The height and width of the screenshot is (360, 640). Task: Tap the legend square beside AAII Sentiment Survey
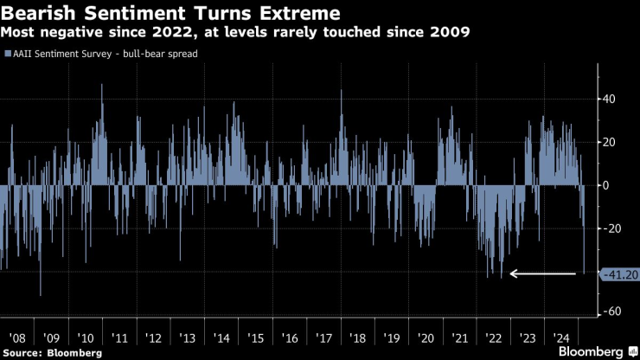point(8,54)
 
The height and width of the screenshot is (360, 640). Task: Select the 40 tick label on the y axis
point(610,100)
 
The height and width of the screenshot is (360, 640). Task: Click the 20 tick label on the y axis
point(610,142)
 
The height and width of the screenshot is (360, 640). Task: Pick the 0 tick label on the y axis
point(606,185)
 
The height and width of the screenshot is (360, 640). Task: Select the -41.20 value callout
point(618,273)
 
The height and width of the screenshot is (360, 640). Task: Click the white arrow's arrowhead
point(514,273)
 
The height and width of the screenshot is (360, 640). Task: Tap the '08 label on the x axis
point(16,337)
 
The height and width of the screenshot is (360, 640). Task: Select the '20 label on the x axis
point(426,337)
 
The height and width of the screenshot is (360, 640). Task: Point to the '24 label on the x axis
point(562,337)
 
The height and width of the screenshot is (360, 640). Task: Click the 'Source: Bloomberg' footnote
point(52,353)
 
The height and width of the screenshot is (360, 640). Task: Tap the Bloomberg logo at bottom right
point(590,352)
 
